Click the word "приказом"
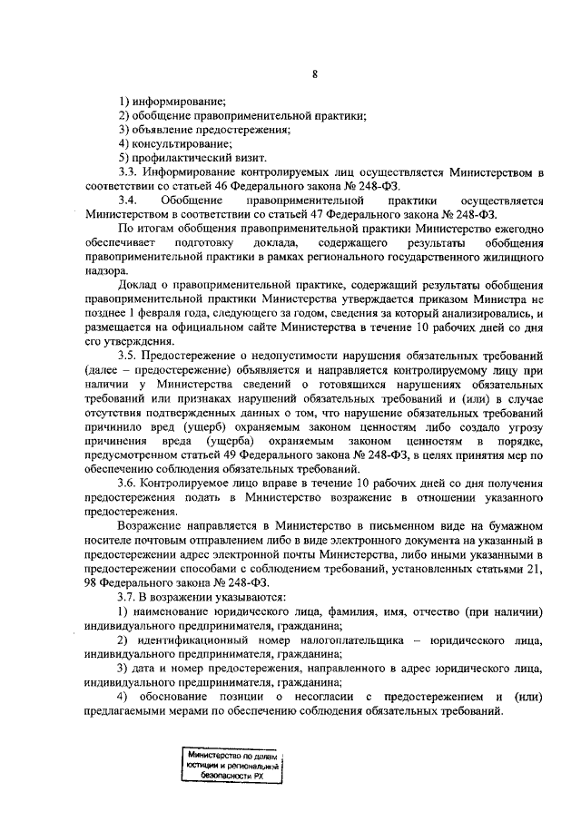pyautogui.click(x=438, y=298)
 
